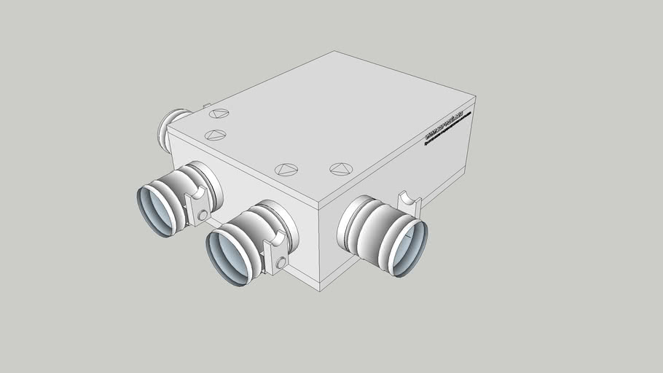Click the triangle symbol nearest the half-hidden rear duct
tap(219, 113)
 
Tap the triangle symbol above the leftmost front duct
tap(215, 135)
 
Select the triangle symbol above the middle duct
tap(286, 170)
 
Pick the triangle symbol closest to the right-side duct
tap(340, 169)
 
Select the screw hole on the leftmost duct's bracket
tap(202, 216)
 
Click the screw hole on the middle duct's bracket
tap(280, 261)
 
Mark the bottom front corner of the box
tap(320, 290)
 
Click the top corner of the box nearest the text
tap(476, 98)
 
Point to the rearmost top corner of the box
tap(335, 51)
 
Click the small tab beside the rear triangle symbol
tap(206, 106)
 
